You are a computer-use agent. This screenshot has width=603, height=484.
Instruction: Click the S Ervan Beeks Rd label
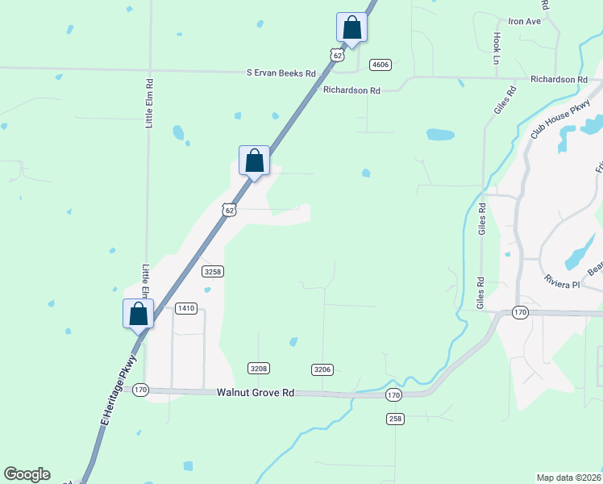(x=281, y=73)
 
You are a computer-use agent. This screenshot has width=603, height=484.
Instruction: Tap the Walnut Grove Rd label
(x=255, y=393)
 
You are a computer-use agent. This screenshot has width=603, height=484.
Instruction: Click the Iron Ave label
(x=524, y=21)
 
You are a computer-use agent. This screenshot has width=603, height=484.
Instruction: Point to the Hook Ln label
(x=497, y=48)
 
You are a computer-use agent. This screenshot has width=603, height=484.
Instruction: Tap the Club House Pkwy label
(x=561, y=121)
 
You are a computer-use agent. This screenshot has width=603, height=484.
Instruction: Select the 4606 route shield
(x=381, y=65)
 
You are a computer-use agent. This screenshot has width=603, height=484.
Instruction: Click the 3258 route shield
(x=213, y=272)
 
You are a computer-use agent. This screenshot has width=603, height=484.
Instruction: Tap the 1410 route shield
(x=186, y=308)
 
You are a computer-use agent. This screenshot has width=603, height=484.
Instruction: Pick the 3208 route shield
(x=258, y=369)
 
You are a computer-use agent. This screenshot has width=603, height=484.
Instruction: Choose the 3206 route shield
(x=322, y=369)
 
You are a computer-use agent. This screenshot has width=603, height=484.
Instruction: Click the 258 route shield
(x=395, y=418)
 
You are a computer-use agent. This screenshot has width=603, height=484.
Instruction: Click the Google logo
(x=27, y=474)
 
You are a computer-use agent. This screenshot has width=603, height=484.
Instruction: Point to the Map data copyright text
(x=569, y=478)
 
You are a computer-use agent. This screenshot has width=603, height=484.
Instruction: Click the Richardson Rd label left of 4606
(x=351, y=91)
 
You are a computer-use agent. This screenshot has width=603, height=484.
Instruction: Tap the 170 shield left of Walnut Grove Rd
(x=141, y=389)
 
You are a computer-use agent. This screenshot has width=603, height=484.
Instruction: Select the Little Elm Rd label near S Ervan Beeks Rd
(x=149, y=103)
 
